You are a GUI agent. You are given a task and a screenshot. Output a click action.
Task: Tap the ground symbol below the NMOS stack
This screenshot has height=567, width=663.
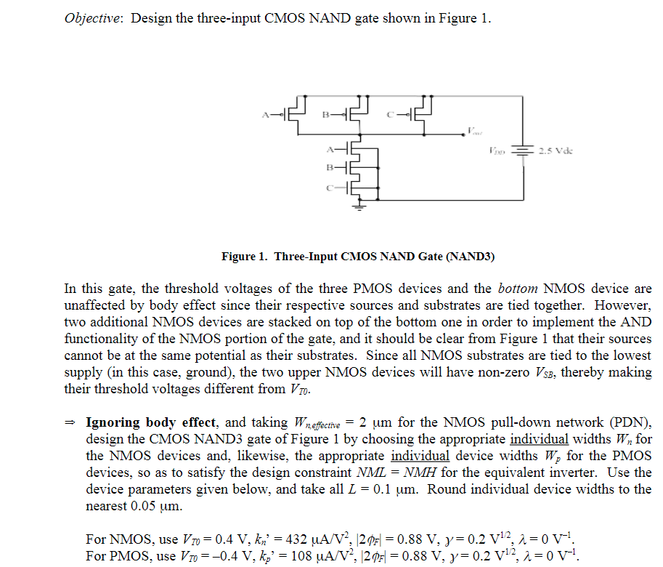click(x=358, y=206)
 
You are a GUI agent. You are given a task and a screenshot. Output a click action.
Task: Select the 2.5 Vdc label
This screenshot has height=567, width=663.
click(x=556, y=152)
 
